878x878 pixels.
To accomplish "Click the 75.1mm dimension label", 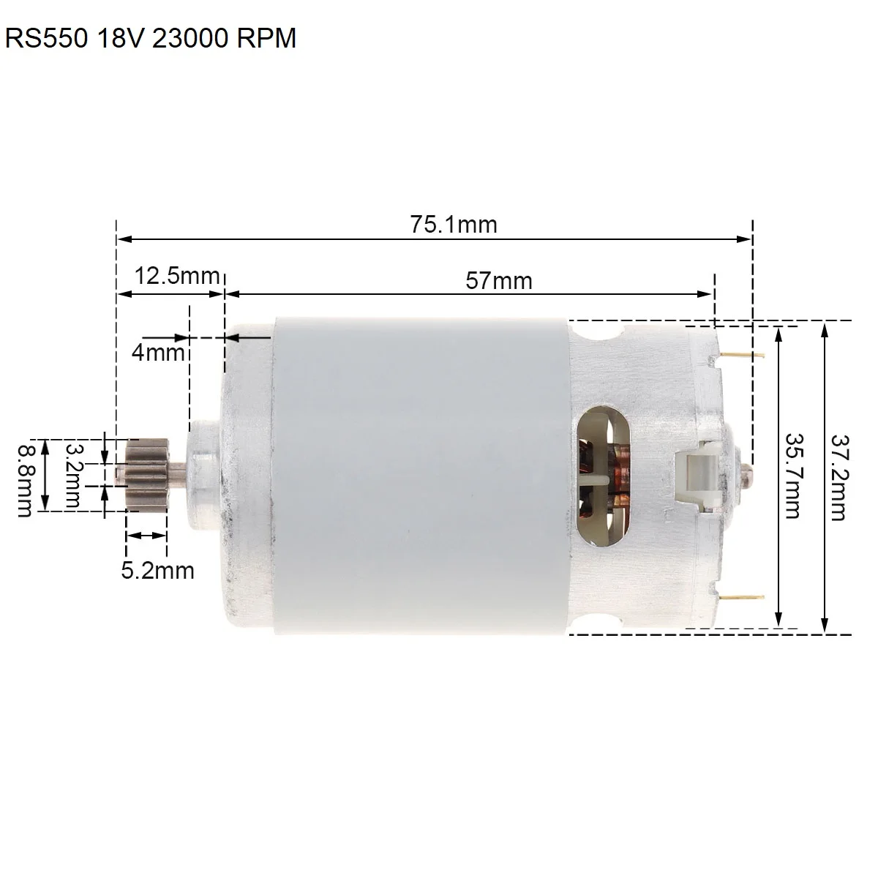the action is (x=454, y=224).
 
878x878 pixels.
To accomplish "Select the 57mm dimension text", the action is (x=499, y=280).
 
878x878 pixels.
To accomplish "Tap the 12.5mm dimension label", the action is (x=177, y=276).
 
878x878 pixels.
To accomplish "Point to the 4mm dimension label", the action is (x=158, y=352).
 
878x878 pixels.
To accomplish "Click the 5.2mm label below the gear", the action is (x=157, y=571).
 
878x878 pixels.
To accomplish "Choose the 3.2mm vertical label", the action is (x=73, y=476).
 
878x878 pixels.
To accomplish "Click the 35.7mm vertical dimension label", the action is (x=793, y=476).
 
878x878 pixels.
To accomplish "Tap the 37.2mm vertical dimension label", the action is (x=839, y=478).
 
